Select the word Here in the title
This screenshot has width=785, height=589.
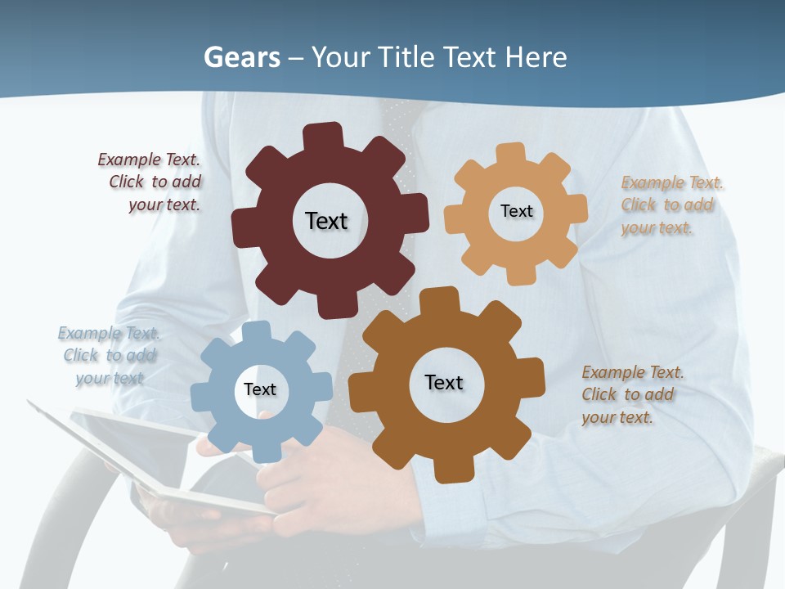pos(536,57)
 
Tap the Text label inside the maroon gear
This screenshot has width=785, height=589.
pos(326,221)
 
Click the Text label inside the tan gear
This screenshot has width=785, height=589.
pos(516,211)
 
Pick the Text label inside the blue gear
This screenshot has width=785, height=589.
pos(260,389)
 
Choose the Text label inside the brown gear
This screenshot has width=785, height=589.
pos(444,382)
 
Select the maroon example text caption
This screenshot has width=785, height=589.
pos(150,182)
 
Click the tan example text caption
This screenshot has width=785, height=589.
pos(672,205)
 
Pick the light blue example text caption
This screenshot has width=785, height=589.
pos(110,355)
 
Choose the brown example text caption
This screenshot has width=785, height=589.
pos(632,394)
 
